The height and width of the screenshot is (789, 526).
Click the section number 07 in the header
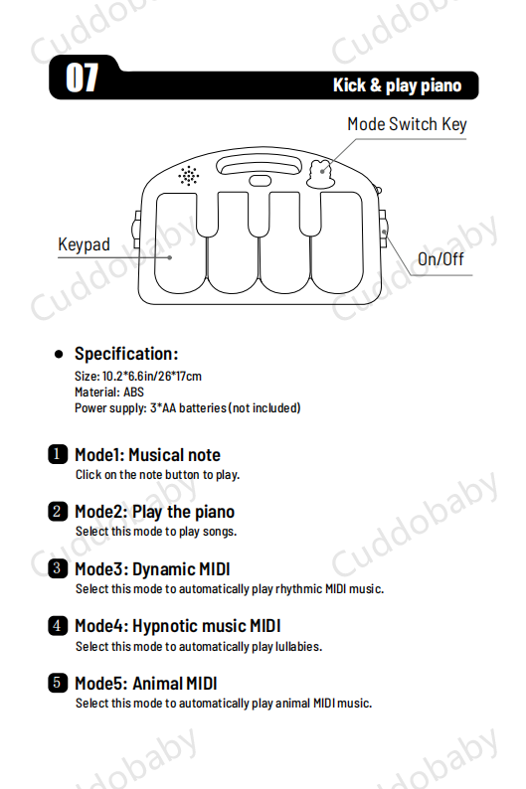[x=82, y=78]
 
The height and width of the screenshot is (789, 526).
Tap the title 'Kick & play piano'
[x=397, y=85]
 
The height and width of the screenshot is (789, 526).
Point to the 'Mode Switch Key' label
[x=407, y=124]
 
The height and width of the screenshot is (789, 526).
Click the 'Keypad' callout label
[x=84, y=244]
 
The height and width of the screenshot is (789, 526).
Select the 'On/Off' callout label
[x=440, y=259]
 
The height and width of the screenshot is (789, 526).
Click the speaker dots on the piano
[x=188, y=176]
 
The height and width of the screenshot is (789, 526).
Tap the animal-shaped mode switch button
[x=320, y=175]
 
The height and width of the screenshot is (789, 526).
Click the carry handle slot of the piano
[x=260, y=166]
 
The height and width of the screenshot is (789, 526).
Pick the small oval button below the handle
[x=260, y=181]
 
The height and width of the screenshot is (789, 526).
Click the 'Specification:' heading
[x=126, y=354]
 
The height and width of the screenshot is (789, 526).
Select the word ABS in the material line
[x=133, y=392]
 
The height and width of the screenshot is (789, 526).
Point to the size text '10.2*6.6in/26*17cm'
[x=151, y=376]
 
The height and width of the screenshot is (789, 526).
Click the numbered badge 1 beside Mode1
[x=58, y=454]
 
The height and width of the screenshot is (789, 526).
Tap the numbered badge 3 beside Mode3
[x=58, y=568]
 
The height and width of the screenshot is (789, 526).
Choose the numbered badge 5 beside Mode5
[x=58, y=683]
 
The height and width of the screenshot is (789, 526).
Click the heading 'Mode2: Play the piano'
[x=154, y=512]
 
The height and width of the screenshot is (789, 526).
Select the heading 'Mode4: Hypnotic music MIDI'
[x=178, y=626]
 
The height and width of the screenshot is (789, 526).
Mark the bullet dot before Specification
[x=59, y=354]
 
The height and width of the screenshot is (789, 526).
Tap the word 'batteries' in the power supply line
[x=203, y=408]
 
